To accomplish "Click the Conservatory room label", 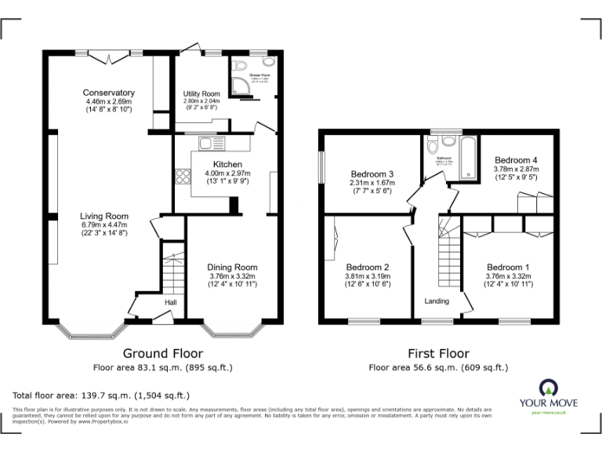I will coord(109,93).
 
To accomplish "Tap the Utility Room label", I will coord(201,93).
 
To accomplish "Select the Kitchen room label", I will coord(216,164).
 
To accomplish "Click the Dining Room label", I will coord(231,267).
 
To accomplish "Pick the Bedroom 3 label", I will coord(372,174).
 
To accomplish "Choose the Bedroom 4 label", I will coord(515,160).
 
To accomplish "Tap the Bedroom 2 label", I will coord(367,267).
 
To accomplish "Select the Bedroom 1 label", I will coord(508,267).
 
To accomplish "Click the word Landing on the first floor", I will coord(437,301).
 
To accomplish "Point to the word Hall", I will coord(171,301).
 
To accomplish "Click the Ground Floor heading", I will coord(162,354).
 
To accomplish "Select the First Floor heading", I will coord(438,354).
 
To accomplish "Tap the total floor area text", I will coord(101,395).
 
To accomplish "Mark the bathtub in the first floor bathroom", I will coord(468,155).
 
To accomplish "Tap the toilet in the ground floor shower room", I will coord(268,65).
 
